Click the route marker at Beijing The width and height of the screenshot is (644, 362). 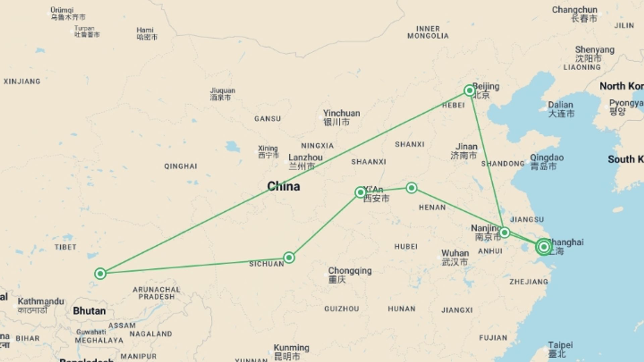(470, 90)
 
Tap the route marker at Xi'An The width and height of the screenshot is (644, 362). (361, 192)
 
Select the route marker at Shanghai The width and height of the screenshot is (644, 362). (544, 247)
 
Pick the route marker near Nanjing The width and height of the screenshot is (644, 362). (504, 233)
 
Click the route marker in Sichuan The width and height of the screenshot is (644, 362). (289, 258)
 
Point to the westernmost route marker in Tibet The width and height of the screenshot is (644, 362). (100, 274)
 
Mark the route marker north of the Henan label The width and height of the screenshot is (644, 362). (412, 188)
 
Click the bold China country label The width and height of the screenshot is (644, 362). (283, 186)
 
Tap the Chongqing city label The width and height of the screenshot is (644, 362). (350, 271)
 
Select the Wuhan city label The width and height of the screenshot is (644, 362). (455, 253)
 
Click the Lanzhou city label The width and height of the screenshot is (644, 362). (305, 158)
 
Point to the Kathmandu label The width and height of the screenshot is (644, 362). (41, 301)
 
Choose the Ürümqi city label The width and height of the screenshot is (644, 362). (62, 10)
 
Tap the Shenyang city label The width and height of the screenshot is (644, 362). (594, 50)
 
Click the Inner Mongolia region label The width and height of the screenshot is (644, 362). (428, 32)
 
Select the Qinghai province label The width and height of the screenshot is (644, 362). (180, 166)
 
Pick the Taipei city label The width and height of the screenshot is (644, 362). (560, 345)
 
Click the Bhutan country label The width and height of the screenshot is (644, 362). (89, 311)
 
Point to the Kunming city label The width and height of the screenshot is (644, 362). (291, 348)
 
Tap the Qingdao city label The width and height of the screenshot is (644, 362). (546, 158)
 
